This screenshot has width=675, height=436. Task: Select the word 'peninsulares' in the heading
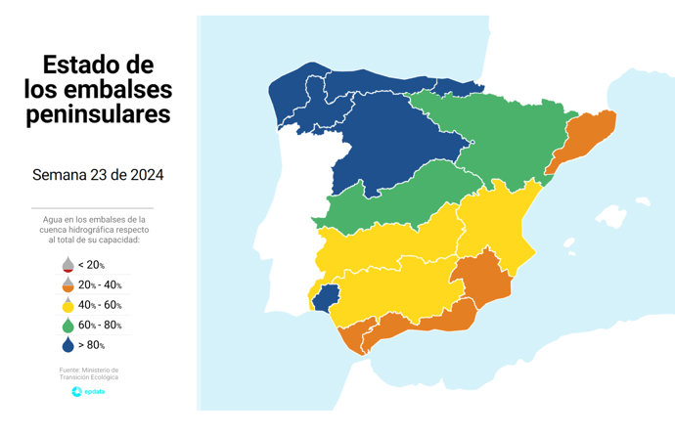pos(98,114)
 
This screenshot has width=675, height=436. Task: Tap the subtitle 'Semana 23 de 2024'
pos(98,176)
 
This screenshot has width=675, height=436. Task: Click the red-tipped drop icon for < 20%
pos(67,265)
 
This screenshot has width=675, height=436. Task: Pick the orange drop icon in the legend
pos(67,284)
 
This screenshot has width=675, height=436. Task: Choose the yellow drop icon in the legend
pos(67,305)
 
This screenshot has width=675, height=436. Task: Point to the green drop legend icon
pos(67,325)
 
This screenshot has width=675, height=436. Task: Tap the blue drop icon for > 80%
pos(67,344)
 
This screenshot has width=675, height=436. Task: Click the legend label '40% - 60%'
pos(100,305)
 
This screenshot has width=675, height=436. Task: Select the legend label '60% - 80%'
pos(100,325)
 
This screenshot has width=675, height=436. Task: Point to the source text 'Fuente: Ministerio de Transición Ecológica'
pos(89,373)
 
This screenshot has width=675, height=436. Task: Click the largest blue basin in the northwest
pos(391,147)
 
